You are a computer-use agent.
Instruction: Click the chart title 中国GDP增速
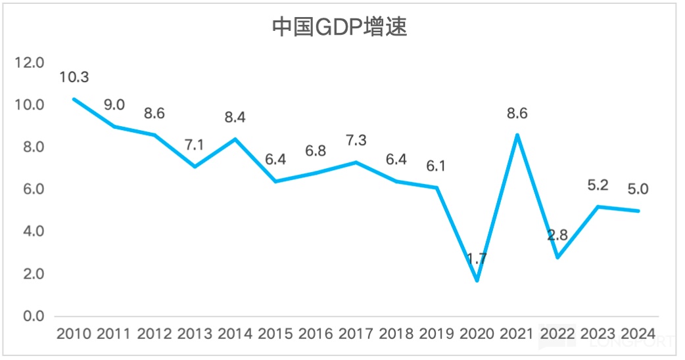pyautogui.click(x=340, y=28)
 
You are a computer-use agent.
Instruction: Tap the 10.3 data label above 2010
pyautogui.click(x=74, y=78)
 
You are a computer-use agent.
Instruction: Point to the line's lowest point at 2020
pyautogui.click(x=477, y=281)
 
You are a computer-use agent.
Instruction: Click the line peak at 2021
pyautogui.click(x=517, y=135)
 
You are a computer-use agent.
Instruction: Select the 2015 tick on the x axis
pyautogui.click(x=275, y=334)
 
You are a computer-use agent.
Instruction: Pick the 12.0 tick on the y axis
pyautogui.click(x=29, y=63)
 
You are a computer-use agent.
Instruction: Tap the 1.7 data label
pyautogui.click(x=477, y=258)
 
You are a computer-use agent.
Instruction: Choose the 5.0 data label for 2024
pyautogui.click(x=638, y=189)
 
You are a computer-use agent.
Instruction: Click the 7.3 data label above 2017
pyautogui.click(x=356, y=141)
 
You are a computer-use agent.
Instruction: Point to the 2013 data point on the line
pyautogui.click(x=195, y=166)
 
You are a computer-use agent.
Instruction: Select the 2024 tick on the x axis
pyautogui.click(x=638, y=334)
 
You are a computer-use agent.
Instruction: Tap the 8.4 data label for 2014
pyautogui.click(x=235, y=118)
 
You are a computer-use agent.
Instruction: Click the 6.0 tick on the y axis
pyautogui.click(x=29, y=190)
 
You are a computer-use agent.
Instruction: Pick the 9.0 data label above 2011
pyautogui.click(x=114, y=104)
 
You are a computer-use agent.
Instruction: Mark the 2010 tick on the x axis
pyautogui.click(x=74, y=334)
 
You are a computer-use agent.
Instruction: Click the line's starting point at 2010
pyautogui.click(x=74, y=99)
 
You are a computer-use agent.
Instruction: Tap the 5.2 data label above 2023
pyautogui.click(x=598, y=185)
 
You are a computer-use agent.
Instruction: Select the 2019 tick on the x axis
pyautogui.click(x=437, y=334)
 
